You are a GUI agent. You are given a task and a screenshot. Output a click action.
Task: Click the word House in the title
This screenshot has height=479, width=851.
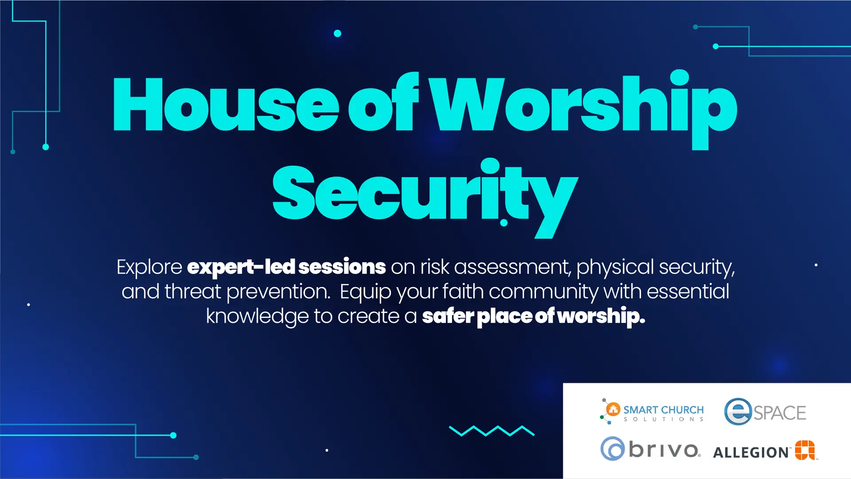(226, 105)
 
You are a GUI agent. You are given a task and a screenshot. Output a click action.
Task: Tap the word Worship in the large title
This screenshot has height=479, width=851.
(585, 109)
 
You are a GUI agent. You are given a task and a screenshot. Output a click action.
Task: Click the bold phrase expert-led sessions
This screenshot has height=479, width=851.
(286, 267)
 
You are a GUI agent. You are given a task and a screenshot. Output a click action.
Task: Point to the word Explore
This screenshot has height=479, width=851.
(149, 267)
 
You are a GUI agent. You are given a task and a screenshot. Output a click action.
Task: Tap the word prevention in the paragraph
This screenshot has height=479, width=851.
(278, 292)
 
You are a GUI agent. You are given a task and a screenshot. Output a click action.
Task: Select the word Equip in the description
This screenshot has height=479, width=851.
(366, 292)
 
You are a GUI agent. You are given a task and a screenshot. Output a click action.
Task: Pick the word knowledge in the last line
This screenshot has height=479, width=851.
(258, 316)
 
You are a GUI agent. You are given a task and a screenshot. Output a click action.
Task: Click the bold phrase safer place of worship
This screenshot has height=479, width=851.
(534, 316)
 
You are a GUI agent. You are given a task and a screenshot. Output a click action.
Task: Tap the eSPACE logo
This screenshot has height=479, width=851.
(765, 412)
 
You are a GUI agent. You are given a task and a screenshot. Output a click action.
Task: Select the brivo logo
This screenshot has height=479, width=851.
(651, 449)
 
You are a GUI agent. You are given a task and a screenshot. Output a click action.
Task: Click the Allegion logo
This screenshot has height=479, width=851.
(765, 450)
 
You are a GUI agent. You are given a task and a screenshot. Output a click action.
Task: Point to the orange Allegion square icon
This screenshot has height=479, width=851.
(805, 450)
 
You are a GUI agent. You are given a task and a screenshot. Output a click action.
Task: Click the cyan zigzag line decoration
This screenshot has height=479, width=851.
(492, 431)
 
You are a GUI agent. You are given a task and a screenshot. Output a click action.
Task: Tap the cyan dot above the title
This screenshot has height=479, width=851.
(337, 33)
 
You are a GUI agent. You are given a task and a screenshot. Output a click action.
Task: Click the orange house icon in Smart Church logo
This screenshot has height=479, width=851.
(613, 409)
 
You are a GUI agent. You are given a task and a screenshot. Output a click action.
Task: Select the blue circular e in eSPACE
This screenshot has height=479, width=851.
(738, 412)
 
